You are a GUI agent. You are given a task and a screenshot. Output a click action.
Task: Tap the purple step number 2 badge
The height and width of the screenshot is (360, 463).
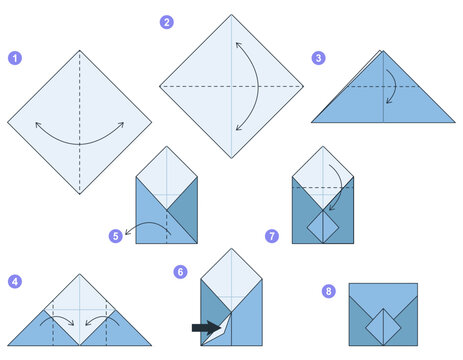167,21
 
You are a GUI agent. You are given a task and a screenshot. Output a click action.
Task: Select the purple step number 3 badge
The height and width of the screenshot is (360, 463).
318,58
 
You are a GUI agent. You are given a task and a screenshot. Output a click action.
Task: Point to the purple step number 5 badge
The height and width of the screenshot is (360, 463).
117,237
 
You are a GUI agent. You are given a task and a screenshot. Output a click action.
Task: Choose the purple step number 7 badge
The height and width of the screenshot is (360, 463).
272,237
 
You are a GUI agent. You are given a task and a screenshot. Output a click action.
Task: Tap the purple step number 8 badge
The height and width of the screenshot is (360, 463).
329,292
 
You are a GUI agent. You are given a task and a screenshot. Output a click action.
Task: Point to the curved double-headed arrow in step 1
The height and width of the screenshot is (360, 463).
80,134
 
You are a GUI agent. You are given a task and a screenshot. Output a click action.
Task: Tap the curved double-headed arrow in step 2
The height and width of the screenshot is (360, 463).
248,86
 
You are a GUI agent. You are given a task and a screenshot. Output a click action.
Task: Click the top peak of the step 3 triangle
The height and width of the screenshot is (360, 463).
380,52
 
